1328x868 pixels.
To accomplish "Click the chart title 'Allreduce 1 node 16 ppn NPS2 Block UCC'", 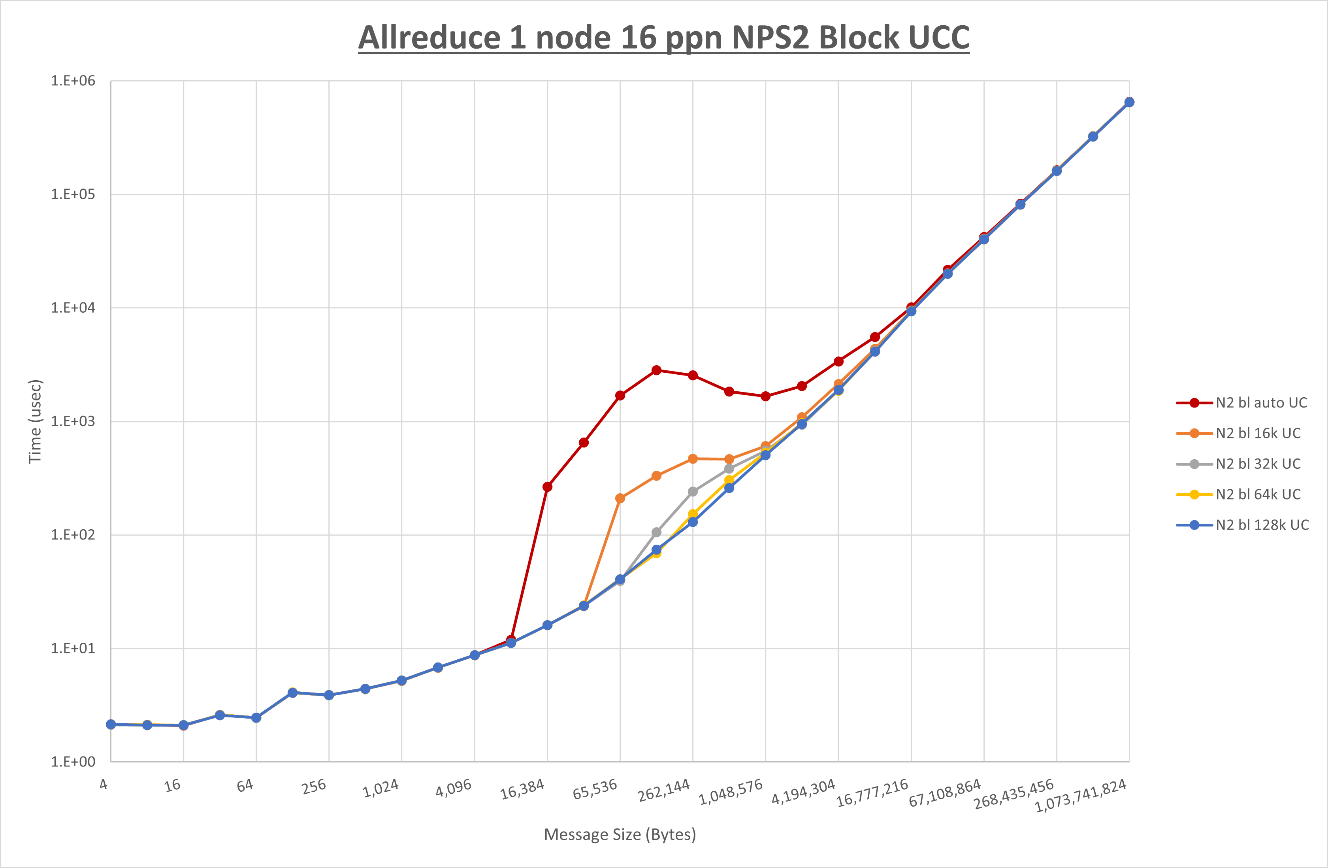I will tap(663, 38).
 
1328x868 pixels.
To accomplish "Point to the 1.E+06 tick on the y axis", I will tap(73, 81).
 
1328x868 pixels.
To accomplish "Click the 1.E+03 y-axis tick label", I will tap(73, 421).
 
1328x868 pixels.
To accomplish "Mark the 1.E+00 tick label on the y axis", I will tap(73, 762).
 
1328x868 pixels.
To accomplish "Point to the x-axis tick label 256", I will tap(314, 787).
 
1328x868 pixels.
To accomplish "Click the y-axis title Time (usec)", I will tap(35, 421).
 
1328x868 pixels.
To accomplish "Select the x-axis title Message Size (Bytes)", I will tap(620, 834).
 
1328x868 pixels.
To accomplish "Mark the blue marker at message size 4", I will tap(111, 725).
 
